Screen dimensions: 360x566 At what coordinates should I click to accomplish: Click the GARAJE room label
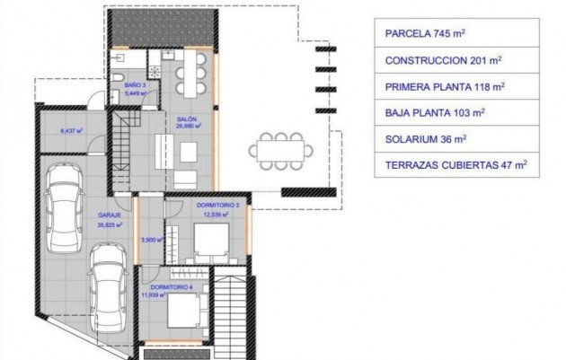(x=110, y=216)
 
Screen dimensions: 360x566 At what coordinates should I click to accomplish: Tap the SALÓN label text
(x=187, y=120)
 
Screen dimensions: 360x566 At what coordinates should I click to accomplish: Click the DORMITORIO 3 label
(x=212, y=206)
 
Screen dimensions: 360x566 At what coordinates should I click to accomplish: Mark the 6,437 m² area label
(x=71, y=131)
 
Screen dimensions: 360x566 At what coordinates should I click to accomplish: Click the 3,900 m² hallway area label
(x=149, y=240)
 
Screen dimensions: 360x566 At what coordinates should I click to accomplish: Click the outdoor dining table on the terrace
(x=278, y=148)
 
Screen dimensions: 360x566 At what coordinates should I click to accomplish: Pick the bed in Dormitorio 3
(x=214, y=240)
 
